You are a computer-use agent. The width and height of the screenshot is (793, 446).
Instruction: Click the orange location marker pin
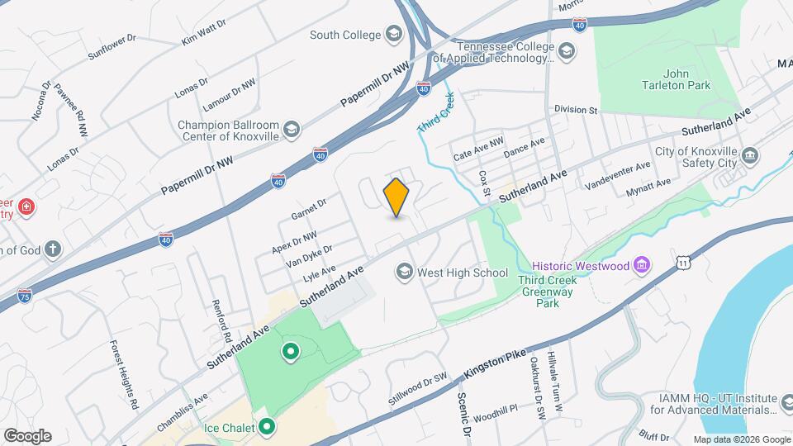396,197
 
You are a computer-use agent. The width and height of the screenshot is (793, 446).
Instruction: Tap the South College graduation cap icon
393,35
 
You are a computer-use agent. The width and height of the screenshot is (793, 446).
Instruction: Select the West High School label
463,272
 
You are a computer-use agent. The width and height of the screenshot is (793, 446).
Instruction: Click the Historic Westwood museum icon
642,266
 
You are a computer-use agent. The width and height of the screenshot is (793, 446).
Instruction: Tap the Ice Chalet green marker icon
266,427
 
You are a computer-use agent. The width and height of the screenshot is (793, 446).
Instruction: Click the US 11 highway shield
682,263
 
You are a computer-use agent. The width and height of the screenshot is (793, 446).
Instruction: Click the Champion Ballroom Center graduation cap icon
291,130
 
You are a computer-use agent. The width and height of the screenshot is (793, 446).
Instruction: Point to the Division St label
576,109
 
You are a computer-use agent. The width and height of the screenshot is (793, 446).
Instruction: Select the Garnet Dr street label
309,209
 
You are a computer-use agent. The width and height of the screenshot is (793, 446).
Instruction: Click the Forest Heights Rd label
123,377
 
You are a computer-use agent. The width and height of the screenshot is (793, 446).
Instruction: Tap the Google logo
27,435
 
